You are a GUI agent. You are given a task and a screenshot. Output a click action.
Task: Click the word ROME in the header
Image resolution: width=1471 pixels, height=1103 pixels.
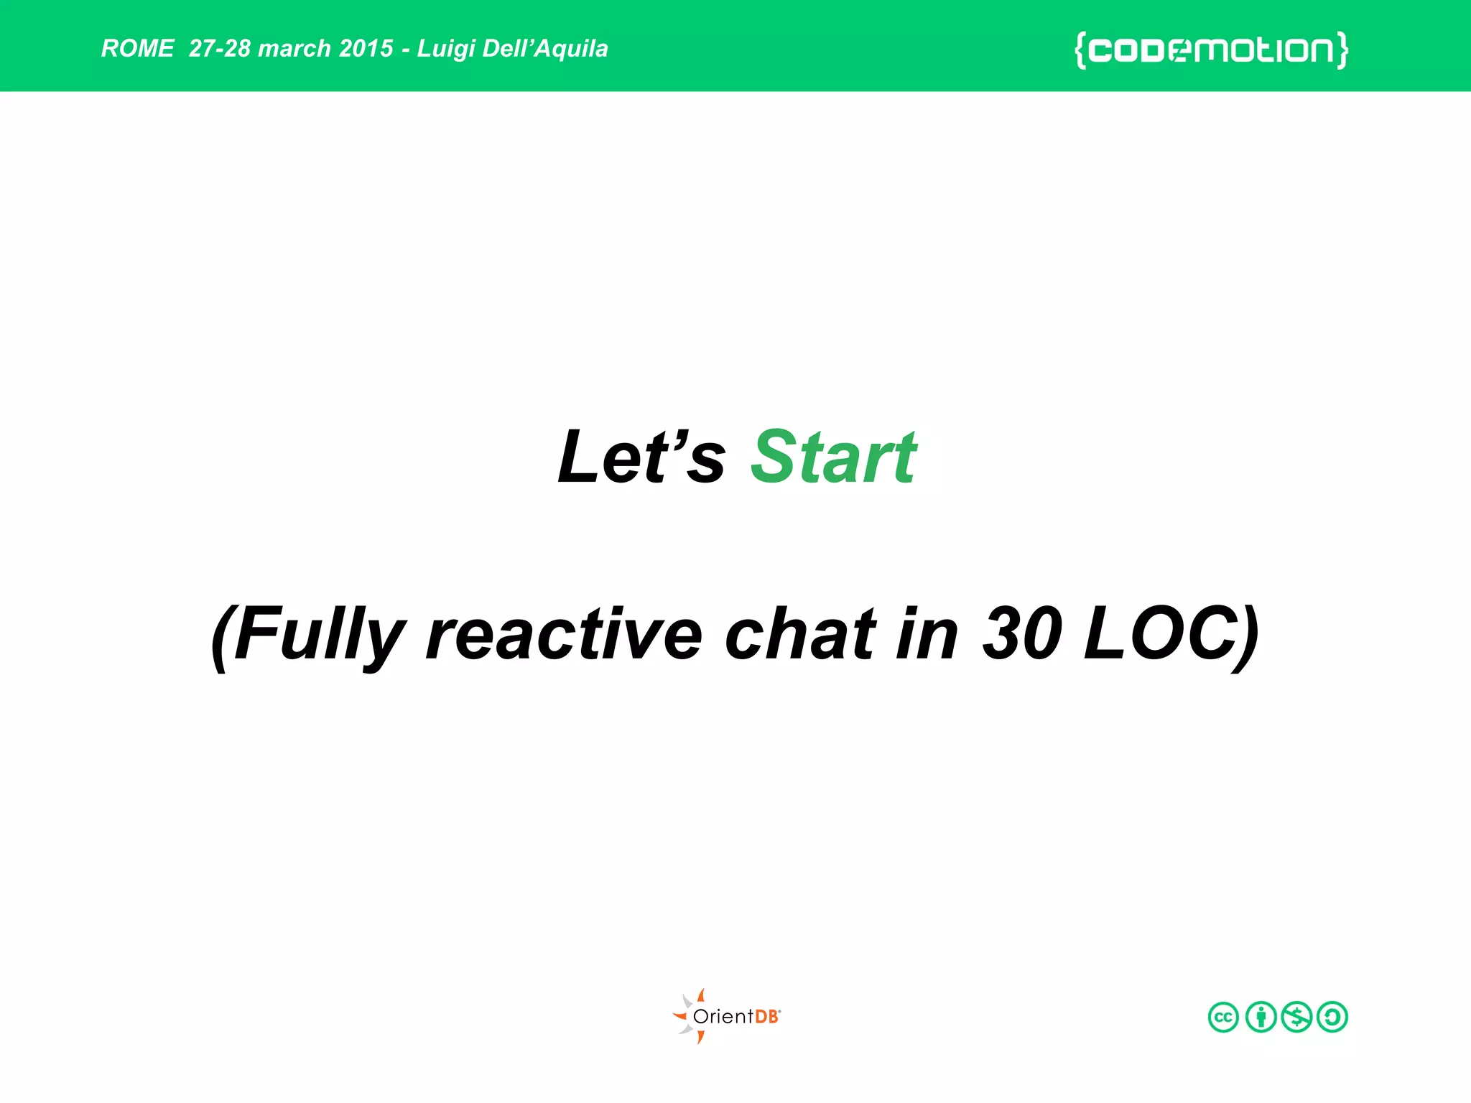coord(137,48)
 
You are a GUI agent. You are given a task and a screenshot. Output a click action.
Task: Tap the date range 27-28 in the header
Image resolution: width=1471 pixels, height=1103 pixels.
coord(219,48)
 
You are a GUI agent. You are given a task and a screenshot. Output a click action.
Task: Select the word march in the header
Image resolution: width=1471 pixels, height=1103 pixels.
coord(294,48)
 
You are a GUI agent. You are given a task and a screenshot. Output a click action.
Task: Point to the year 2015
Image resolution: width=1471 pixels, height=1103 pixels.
coord(366,48)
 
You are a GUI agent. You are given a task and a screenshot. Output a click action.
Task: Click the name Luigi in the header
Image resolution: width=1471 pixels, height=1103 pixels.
coord(445,49)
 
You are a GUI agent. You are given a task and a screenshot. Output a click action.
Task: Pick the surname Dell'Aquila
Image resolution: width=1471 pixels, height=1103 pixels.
coord(545,48)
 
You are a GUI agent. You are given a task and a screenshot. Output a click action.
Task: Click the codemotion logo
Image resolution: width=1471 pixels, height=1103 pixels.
coord(1211,50)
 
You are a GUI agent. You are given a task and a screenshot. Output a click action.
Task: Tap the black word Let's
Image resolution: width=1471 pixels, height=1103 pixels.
coord(641,457)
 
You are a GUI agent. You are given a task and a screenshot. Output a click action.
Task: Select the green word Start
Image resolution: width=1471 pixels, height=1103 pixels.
coord(833,457)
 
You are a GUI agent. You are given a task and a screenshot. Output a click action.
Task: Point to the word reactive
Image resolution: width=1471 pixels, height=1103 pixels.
coord(564,635)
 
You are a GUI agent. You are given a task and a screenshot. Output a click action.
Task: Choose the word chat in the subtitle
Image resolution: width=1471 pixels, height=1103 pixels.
coord(800,635)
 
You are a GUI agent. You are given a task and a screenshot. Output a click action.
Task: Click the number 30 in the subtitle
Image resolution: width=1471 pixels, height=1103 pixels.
coord(1021,633)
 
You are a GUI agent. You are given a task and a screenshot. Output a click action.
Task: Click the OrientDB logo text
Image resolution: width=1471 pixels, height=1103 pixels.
coord(736,1016)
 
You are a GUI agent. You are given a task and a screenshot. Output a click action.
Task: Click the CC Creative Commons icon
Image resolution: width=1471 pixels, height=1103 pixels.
coord(1223,1017)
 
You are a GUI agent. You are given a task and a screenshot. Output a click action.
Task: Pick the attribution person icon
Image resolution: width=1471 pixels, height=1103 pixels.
coord(1261,1017)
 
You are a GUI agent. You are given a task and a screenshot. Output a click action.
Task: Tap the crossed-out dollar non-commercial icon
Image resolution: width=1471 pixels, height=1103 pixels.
coord(1296,1017)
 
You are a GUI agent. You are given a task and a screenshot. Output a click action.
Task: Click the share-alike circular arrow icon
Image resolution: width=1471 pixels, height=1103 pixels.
coord(1332,1017)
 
